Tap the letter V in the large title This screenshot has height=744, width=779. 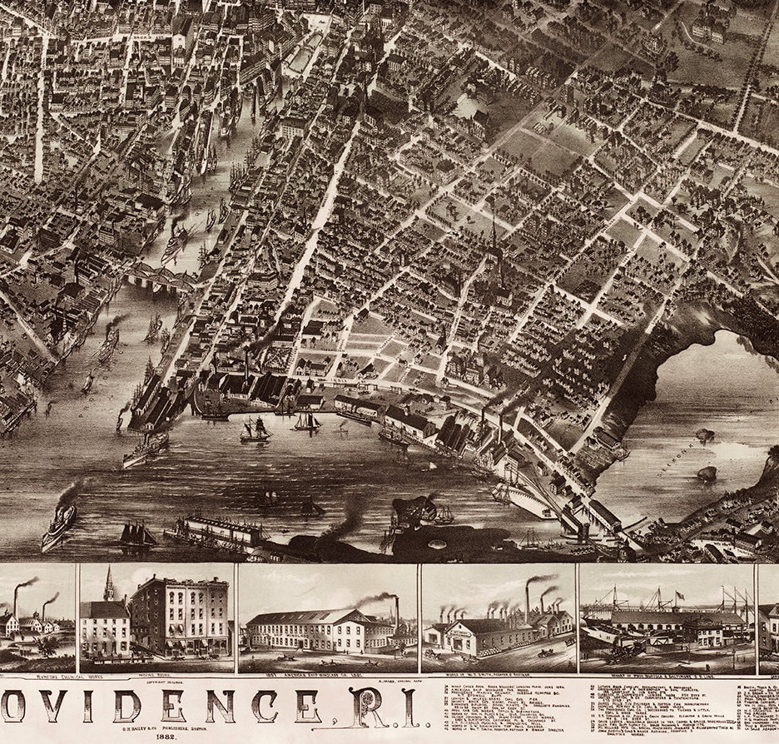78,707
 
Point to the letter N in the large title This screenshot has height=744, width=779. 220,707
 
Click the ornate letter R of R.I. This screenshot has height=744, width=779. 365,707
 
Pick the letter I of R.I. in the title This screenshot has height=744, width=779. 409,707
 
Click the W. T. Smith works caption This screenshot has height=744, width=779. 496,676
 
